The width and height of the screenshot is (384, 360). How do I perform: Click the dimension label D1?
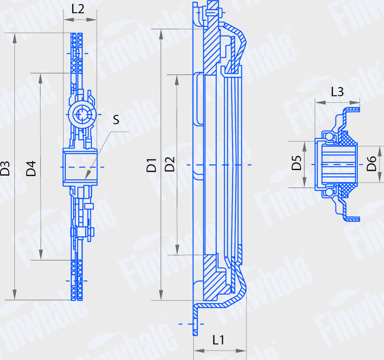pyautogui.click(x=151, y=165)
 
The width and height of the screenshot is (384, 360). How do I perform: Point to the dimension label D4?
pyautogui.click(x=31, y=169)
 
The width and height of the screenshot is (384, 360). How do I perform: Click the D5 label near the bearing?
pyautogui.click(x=297, y=163)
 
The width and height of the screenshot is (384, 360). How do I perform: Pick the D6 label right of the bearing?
pyautogui.click(x=371, y=164)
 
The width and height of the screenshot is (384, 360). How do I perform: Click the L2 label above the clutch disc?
pyautogui.click(x=78, y=8)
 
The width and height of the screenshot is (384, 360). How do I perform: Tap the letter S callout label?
pyautogui.click(x=116, y=120)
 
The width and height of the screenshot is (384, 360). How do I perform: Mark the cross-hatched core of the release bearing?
pyautogui.click(x=348, y=140)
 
